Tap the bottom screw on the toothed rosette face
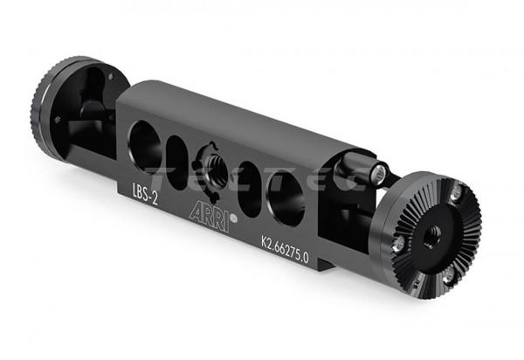tap(449, 278)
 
